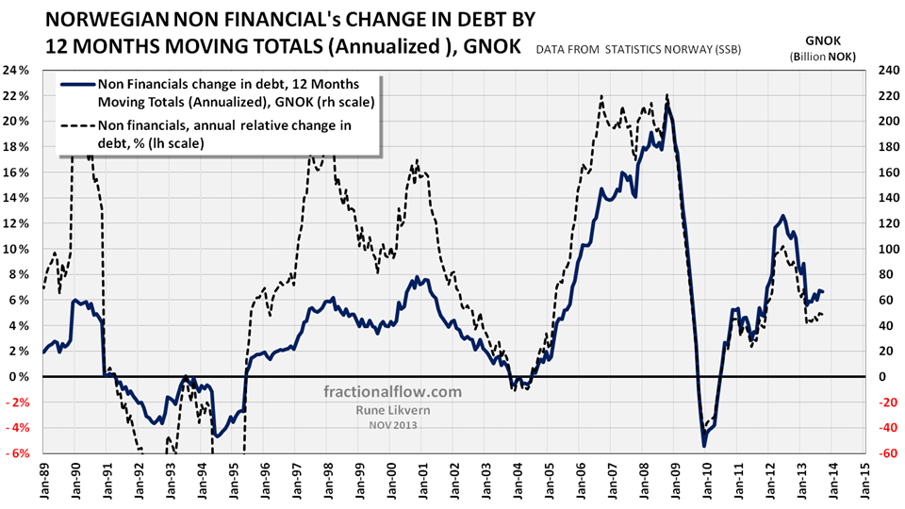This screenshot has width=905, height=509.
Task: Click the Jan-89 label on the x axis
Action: click(44, 479)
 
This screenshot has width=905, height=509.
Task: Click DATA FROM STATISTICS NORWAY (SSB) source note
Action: click(651, 48)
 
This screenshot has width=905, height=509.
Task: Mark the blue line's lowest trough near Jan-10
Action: click(703, 445)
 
